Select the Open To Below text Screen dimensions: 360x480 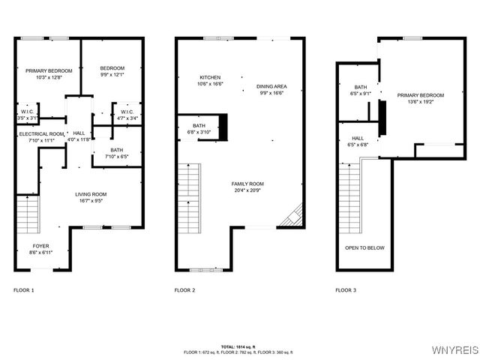(364, 247)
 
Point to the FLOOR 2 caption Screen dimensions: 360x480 (184, 289)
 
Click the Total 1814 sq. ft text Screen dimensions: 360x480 (240, 346)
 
